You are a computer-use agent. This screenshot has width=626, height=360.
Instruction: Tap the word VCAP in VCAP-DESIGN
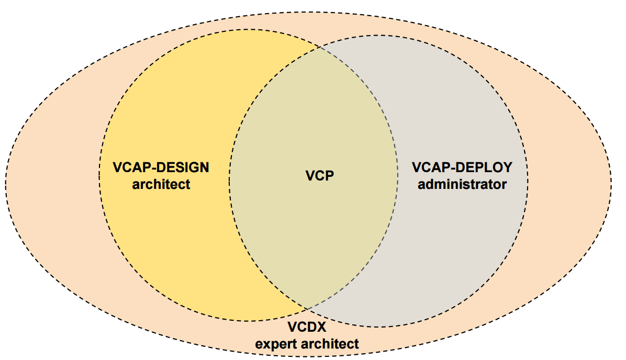(130, 168)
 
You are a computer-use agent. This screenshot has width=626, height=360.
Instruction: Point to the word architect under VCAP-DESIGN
(161, 184)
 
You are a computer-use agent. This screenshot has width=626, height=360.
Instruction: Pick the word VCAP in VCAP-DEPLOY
(430, 168)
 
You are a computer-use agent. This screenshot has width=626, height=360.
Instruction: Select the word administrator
(462, 184)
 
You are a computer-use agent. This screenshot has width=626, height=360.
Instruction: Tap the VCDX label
(307, 328)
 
